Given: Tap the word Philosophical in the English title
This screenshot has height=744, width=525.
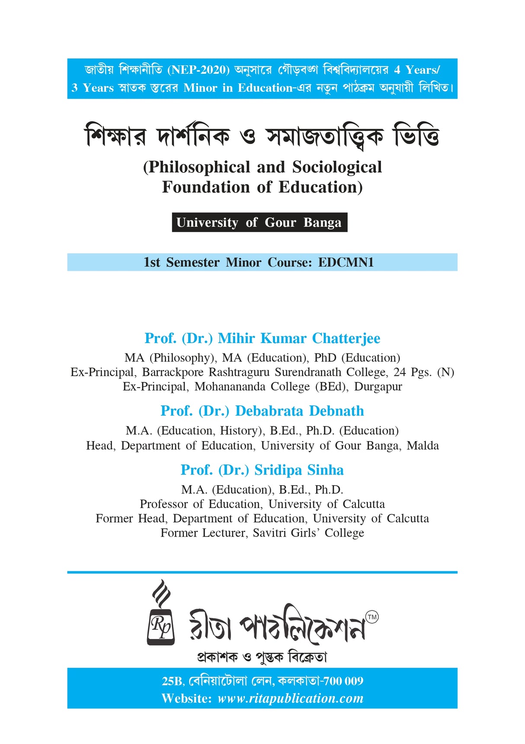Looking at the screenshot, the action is pyautogui.click(x=199, y=167).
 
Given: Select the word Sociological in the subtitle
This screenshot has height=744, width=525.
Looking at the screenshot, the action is pyautogui.click(x=337, y=167).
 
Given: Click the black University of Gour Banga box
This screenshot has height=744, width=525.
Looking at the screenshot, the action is pyautogui.click(x=259, y=223).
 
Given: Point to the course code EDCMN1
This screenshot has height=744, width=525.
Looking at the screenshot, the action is pyautogui.click(x=346, y=262).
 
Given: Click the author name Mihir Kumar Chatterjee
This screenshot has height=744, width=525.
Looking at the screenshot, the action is pyautogui.click(x=299, y=338).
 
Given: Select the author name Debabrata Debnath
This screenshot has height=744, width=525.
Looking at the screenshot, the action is pyautogui.click(x=299, y=411).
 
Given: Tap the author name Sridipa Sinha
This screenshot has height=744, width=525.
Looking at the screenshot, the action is pyautogui.click(x=299, y=470).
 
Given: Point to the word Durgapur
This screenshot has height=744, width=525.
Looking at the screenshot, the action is pyautogui.click(x=378, y=387).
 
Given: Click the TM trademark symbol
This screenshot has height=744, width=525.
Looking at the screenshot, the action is pyautogui.click(x=372, y=617).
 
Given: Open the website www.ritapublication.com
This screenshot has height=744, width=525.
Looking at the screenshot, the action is pyautogui.click(x=290, y=699).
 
